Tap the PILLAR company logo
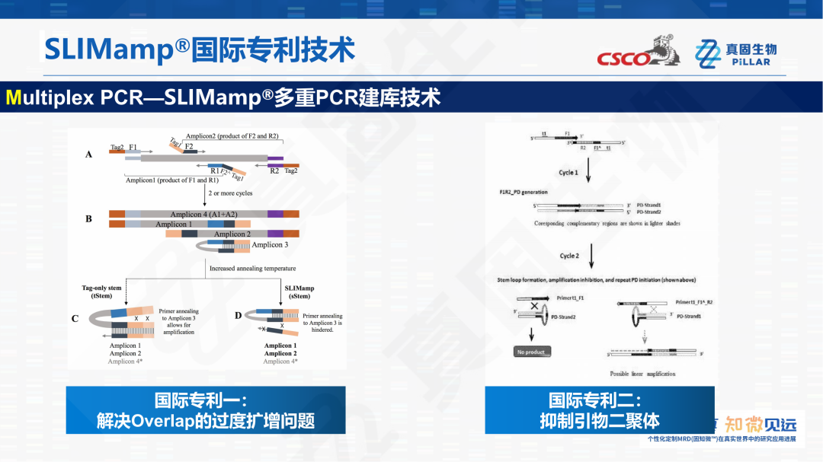735,54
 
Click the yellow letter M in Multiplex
14,98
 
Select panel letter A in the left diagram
88,155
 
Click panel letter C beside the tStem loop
75,319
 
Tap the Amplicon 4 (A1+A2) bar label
203,215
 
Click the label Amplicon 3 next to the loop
270,245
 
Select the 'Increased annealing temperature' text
252,269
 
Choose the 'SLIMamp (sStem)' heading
299,292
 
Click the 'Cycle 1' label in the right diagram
568,173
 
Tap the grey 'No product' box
533,352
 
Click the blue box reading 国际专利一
205,410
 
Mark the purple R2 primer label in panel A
274,171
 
